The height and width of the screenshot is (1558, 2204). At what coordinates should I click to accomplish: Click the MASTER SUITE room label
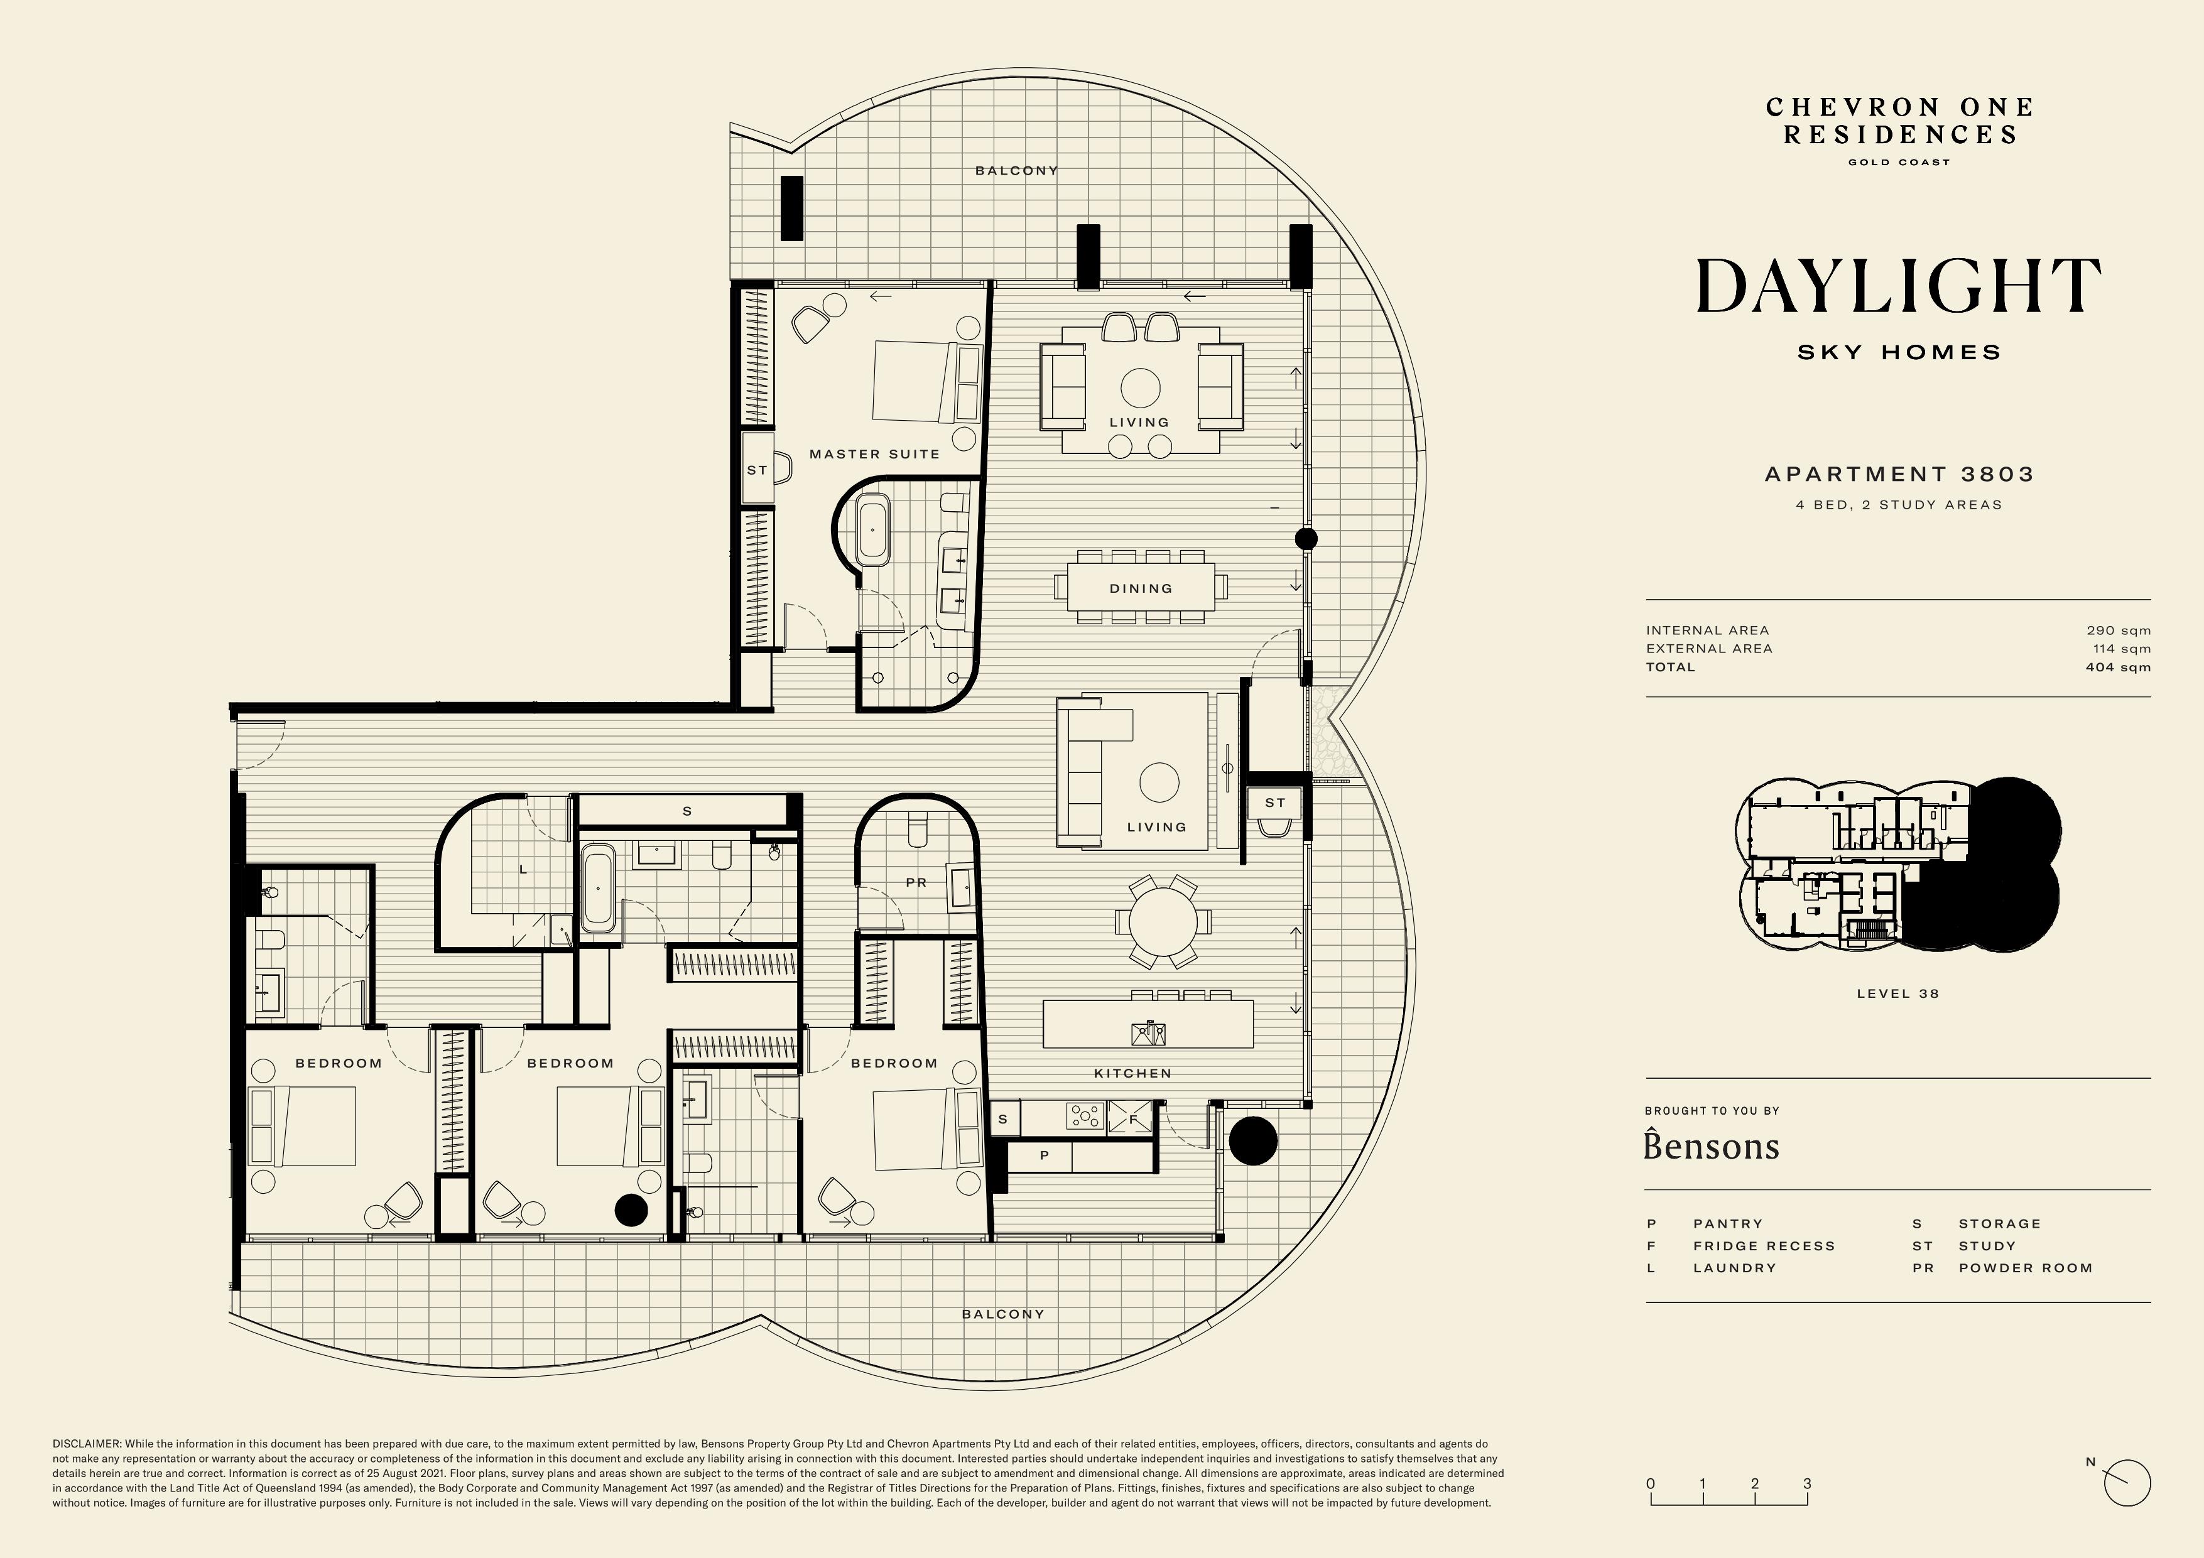click(874, 454)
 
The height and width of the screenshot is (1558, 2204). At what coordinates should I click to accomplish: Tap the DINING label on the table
click(1141, 588)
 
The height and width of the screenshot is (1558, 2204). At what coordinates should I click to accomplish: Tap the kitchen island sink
click(1148, 1033)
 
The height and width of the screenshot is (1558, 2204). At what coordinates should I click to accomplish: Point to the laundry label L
click(523, 870)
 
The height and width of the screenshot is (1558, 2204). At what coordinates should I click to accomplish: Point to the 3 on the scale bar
click(1806, 1483)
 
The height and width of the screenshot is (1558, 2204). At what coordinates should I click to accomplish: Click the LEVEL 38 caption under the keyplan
click(1897, 993)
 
